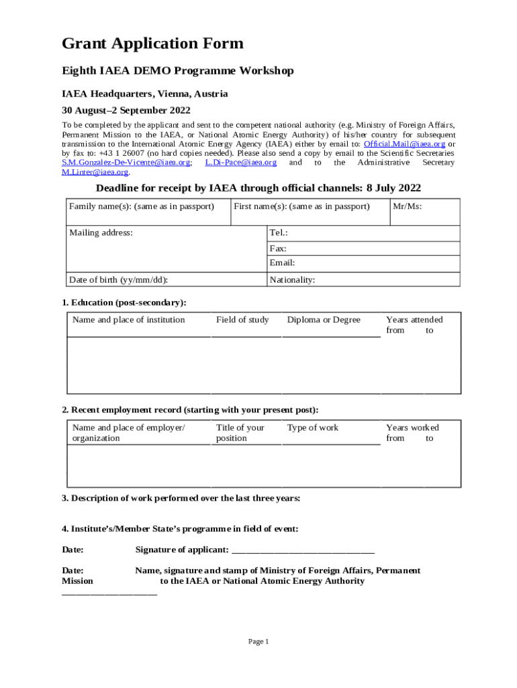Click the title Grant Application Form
point(152,44)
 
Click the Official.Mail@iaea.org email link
point(404,144)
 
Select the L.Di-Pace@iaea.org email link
point(241,163)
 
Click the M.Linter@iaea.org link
point(95,172)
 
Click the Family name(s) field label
point(141,206)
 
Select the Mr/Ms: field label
point(408,206)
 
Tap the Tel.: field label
point(279,232)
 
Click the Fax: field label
point(278,248)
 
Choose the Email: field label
point(282,263)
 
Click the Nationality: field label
point(292,280)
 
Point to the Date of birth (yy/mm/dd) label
point(118,280)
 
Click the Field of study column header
point(242,320)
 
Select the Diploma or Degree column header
point(324,320)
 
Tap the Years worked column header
point(412,427)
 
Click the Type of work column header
point(313,427)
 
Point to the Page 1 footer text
point(258,642)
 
